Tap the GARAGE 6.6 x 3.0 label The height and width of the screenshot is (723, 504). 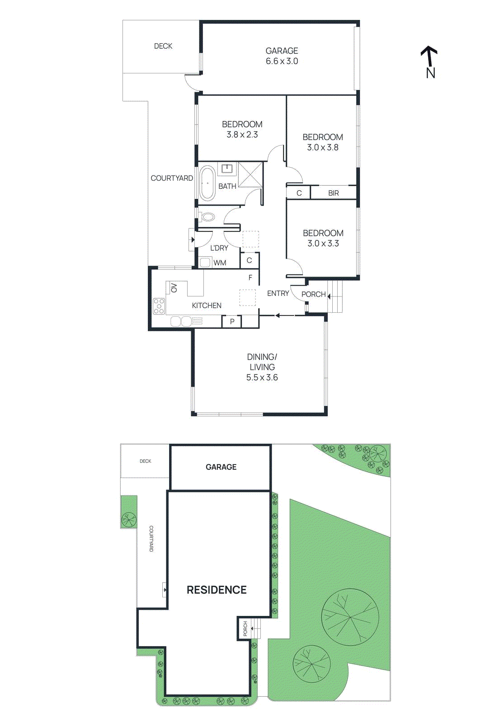tap(282, 56)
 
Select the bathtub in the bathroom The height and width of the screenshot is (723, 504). tap(207, 183)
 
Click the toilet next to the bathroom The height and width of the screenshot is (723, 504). tap(207, 217)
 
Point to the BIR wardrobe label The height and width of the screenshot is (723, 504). tap(333, 193)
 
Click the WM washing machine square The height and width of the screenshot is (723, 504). tap(206, 262)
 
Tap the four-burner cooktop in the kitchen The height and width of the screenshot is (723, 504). tap(159, 306)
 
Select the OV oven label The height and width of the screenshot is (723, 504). tap(174, 287)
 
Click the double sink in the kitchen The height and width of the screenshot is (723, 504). tap(181, 321)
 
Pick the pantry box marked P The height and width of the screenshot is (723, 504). tap(232, 322)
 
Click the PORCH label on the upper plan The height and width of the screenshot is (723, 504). tap(313, 294)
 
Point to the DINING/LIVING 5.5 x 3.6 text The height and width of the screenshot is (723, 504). tap(262, 367)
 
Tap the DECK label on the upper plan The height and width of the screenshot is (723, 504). tap(163, 46)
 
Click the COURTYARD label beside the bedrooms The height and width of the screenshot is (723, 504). tap(172, 178)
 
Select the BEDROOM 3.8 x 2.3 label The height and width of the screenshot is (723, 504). tap(242, 129)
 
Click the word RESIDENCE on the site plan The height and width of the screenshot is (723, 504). tap(217, 590)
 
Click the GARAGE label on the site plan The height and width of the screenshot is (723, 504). tap(221, 467)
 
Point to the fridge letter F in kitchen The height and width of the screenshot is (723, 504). tap(250, 277)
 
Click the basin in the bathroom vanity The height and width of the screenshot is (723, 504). tap(227, 169)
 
